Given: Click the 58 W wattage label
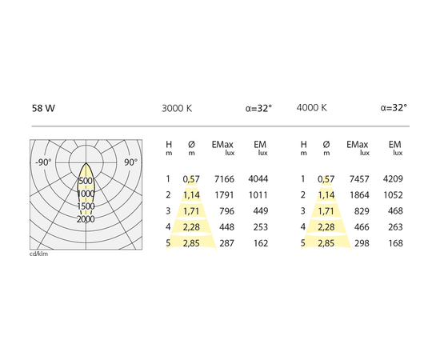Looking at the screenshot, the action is coord(43,108).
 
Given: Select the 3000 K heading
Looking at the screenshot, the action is coord(177,108).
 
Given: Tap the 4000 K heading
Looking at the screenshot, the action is coord(312,107).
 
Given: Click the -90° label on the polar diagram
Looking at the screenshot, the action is coord(43,162).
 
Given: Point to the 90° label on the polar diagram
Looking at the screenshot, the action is coord(130,162).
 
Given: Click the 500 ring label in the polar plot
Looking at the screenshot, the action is coord(86,181).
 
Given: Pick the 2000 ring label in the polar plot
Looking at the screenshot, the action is coord(86,219).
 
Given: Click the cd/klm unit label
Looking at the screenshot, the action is coord(38,254).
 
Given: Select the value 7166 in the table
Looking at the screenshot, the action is coord(224,179).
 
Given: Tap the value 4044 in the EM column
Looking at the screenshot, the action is coord(258,178).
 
